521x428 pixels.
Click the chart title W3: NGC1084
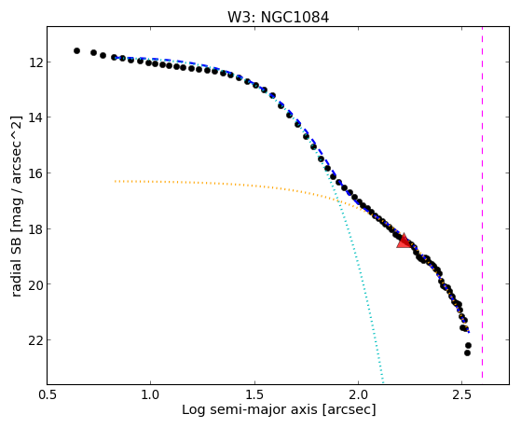278,18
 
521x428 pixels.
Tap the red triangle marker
404,242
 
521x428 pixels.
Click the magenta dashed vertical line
482,202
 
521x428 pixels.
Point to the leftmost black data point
76,51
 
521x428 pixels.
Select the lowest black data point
467,352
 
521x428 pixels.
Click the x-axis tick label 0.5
47,395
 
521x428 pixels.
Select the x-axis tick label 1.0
150,395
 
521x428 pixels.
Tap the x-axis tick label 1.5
254,395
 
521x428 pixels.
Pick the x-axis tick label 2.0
358,395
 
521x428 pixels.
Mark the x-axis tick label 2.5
462,395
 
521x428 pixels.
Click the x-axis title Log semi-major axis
249,410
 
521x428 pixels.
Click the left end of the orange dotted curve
115,181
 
